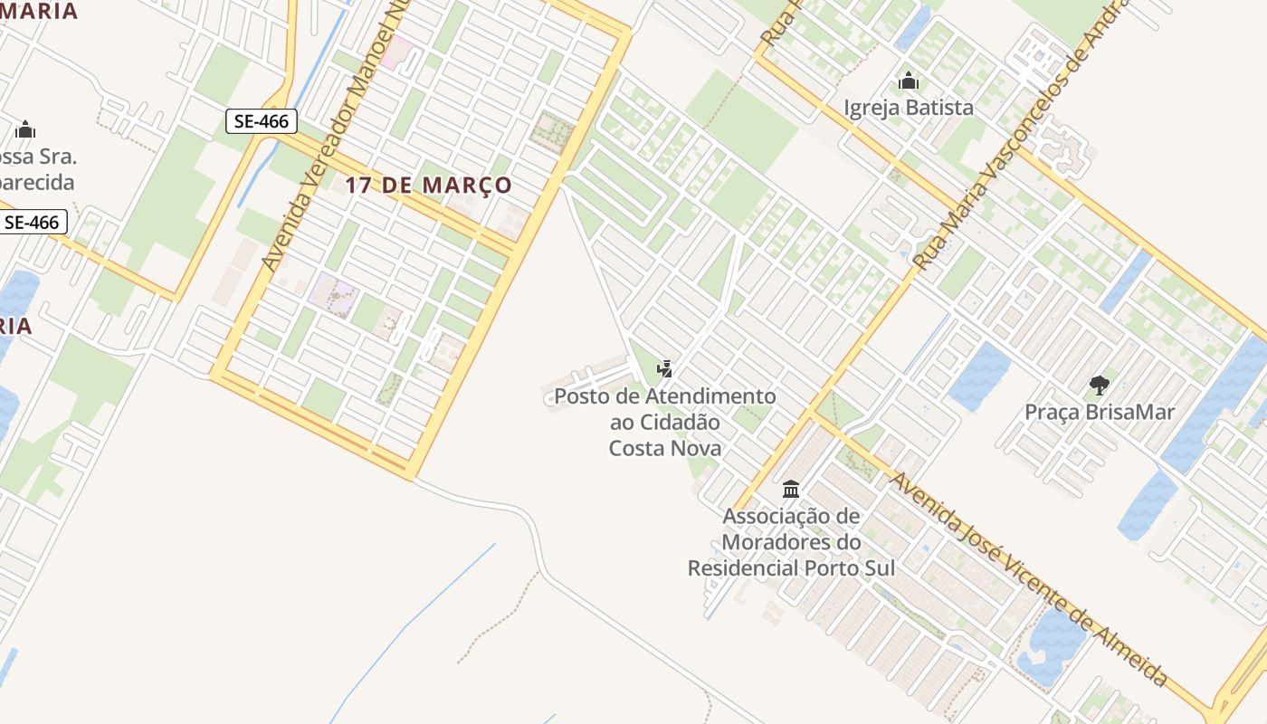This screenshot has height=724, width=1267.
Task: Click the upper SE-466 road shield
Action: (261, 121)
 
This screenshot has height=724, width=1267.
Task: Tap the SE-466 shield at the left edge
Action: (33, 222)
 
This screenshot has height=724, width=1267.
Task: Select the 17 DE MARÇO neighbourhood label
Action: (428, 186)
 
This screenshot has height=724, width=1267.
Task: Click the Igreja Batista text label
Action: (909, 108)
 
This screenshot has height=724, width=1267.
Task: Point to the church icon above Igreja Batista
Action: (909, 81)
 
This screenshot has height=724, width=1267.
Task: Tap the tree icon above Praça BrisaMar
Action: (1100, 386)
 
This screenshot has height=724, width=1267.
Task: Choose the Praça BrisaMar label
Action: (1100, 413)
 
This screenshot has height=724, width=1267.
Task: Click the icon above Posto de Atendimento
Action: (665, 368)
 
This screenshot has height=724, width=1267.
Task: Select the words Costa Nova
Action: (665, 448)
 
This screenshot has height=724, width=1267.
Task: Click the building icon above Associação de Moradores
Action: (791, 490)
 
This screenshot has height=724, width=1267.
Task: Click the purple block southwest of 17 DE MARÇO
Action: (332, 294)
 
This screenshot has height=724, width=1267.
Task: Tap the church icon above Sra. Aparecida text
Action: (25, 129)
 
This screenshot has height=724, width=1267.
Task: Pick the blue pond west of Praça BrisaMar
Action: (980, 376)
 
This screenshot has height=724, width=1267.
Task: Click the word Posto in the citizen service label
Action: (582, 396)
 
